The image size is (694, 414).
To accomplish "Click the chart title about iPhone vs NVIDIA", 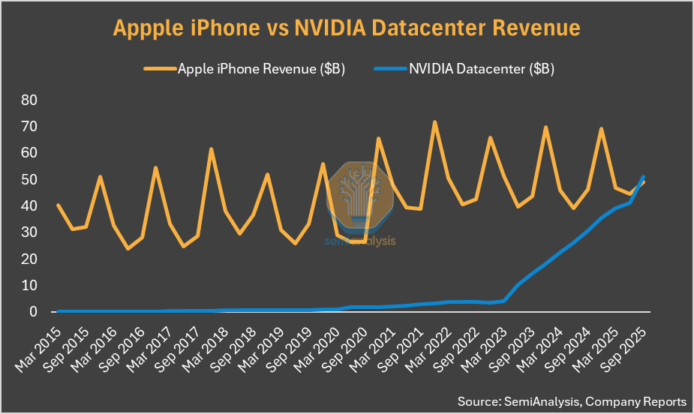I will [x=347, y=28].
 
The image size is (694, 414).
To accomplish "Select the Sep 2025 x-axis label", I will [x=624, y=346].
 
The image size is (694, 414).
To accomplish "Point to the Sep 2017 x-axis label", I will [x=178, y=346].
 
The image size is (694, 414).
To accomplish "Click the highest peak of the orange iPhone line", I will [x=434, y=122].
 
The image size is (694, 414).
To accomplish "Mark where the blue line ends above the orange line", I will [x=643, y=177].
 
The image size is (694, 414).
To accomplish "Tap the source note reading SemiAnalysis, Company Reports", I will [x=572, y=401].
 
